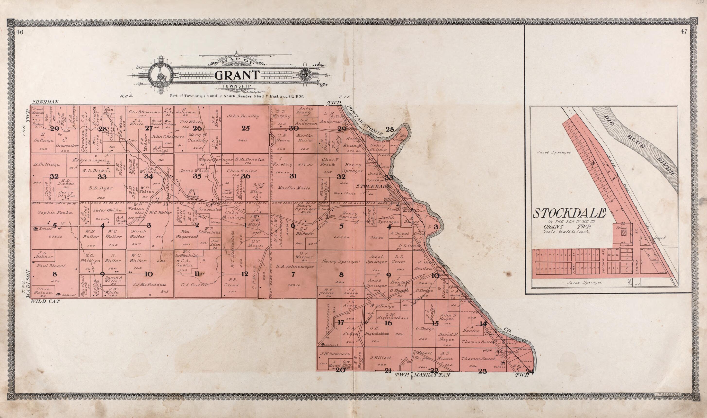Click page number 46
[19, 32]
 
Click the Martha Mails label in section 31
[294, 188]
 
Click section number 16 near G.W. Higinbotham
[388, 323]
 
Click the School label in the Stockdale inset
[622, 227]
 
